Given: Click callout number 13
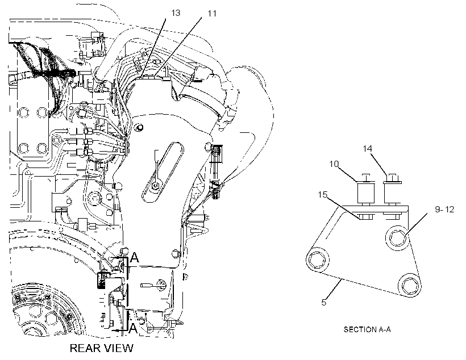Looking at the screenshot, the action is tap(176, 13).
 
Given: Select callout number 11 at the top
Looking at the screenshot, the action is tap(211, 14).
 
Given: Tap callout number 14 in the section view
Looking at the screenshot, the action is tap(367, 149).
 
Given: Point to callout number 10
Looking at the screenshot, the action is tap(334, 164).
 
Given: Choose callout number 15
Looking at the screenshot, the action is tap(322, 195).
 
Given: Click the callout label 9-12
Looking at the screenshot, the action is tap(444, 210).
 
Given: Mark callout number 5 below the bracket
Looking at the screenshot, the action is tap(324, 303).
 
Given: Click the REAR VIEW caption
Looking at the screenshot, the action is tap(102, 348).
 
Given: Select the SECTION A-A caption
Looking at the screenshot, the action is tap(367, 329).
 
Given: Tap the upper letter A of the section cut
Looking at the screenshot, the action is tap(135, 258).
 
